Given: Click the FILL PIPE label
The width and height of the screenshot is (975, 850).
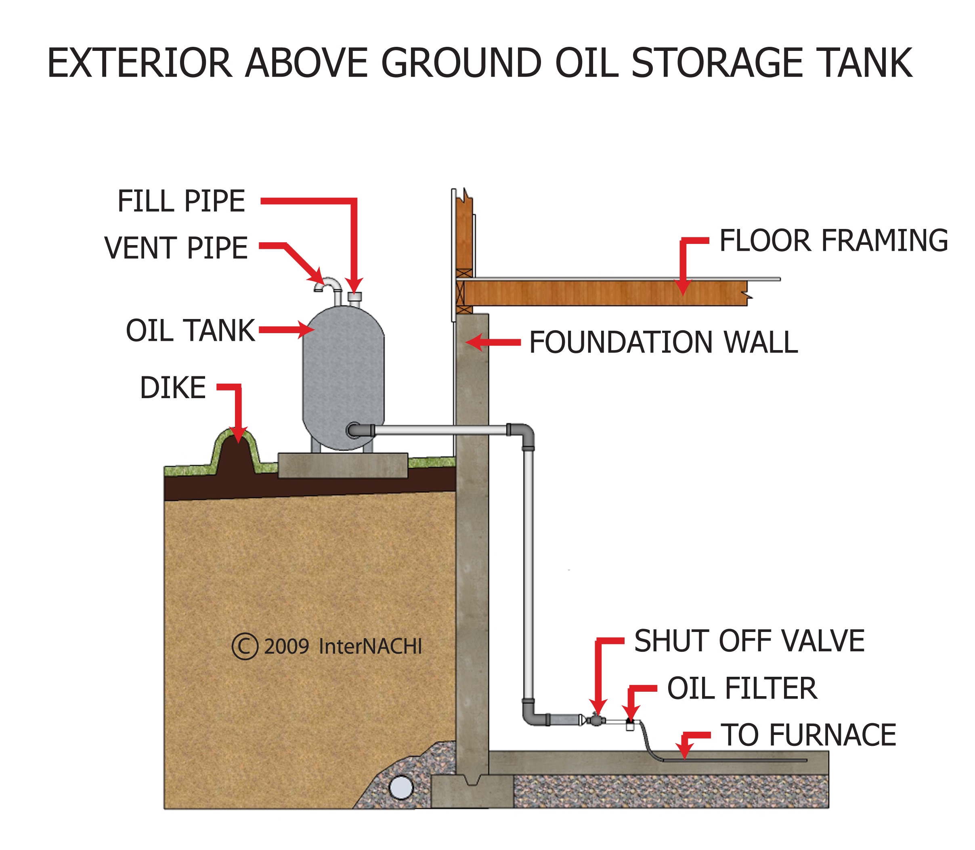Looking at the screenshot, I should point(181,201).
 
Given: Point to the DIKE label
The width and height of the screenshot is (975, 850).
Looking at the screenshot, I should point(173,388).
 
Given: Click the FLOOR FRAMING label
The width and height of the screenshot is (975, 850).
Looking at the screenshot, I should point(833,241).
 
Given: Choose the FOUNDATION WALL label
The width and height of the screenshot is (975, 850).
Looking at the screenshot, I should point(663,342).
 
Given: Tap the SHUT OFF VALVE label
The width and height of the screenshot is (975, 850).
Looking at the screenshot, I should point(749,641).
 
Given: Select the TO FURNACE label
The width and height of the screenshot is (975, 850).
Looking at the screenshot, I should point(808,735).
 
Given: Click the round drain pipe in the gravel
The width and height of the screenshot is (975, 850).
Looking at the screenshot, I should point(401,788).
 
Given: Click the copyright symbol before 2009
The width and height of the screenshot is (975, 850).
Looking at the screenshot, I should point(245,646).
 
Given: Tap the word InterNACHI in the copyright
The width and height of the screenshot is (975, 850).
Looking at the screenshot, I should point(370,646).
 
